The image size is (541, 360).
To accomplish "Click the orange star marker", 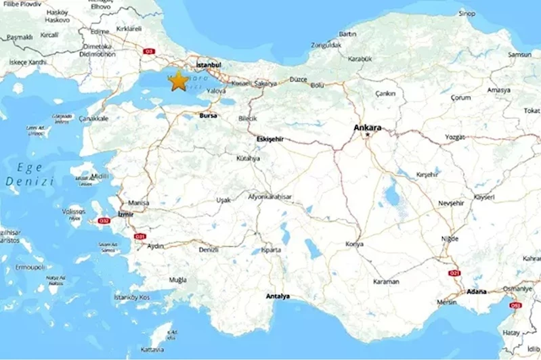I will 179,81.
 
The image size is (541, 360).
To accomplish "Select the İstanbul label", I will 209,64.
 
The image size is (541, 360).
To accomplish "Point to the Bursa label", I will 209,116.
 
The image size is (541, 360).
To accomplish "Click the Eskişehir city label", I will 269,139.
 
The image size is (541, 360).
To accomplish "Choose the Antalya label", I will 278,296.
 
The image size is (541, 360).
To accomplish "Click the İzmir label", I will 127,214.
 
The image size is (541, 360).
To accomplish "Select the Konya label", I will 354,244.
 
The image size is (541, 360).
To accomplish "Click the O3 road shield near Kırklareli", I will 150,51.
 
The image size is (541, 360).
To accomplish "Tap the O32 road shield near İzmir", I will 104,221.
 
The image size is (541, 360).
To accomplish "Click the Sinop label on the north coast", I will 467,13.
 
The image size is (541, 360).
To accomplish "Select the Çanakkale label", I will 93,118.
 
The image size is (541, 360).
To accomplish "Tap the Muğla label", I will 178,279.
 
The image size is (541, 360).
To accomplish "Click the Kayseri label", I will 484,197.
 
